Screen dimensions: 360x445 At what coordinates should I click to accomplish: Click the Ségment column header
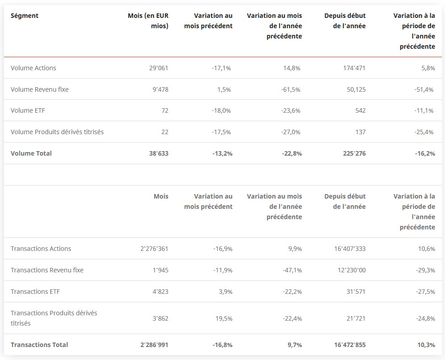point(25,16)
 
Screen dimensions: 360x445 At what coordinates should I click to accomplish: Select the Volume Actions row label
point(34,68)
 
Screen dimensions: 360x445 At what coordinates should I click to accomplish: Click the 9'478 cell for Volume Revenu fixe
point(160,89)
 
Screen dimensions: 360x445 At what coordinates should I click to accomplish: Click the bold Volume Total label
point(31,153)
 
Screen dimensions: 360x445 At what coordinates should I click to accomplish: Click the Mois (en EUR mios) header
point(148,21)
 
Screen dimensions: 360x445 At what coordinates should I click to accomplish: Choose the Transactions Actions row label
point(41,249)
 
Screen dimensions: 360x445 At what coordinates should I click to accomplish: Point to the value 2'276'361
point(154,249)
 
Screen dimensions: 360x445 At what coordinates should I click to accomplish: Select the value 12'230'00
point(351,270)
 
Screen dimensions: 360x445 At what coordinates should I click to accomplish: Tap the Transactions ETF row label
point(35,292)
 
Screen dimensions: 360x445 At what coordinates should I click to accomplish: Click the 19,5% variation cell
point(223,318)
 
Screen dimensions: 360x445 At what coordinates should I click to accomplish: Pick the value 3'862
point(160,318)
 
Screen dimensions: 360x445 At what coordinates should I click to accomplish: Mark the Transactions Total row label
point(39,345)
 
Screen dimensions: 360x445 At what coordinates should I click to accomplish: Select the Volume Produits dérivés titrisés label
point(57,132)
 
